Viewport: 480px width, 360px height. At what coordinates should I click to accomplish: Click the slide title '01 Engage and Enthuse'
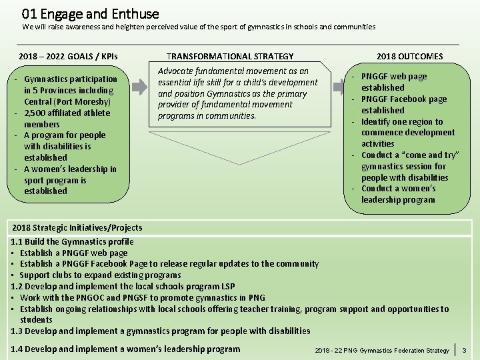point(91,13)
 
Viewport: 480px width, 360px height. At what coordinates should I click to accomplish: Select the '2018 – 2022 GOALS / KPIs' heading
point(68,57)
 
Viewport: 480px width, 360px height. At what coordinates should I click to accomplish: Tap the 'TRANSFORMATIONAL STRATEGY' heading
point(230,57)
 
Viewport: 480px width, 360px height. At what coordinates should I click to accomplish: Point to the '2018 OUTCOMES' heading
point(409,57)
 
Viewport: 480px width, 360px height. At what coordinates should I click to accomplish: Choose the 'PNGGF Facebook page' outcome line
point(404,99)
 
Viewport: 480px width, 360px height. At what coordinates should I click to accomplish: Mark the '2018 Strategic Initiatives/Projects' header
point(77,228)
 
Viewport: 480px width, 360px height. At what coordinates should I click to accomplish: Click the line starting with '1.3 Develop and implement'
point(160,331)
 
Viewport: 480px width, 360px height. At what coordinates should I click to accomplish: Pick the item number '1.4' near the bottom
point(19,349)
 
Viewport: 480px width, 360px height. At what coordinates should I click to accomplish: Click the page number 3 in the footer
point(465,350)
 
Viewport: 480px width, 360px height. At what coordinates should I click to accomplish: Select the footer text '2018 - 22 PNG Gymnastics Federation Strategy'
point(381,351)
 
